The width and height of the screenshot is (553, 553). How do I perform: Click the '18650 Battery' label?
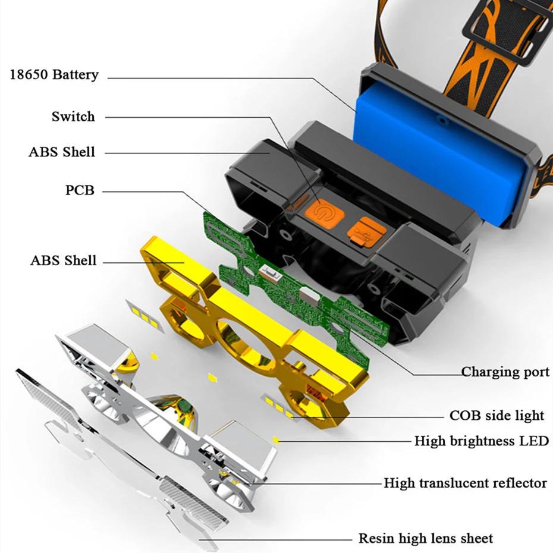pyautogui.click(x=54, y=75)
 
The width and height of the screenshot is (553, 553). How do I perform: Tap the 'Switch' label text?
pyautogui.click(x=73, y=117)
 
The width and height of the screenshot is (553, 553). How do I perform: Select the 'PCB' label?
pyautogui.click(x=80, y=190)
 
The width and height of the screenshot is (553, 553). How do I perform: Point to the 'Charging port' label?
pyautogui.click(x=505, y=372)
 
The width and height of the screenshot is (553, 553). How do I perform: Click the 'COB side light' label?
pyautogui.click(x=497, y=416)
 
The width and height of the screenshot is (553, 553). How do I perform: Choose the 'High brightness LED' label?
pyautogui.click(x=482, y=441)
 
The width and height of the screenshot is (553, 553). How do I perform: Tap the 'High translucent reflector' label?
pyautogui.click(x=465, y=483)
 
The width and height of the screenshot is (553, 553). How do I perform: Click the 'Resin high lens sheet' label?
pyautogui.click(x=426, y=539)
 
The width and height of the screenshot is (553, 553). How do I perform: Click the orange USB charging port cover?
pyautogui.click(x=367, y=232)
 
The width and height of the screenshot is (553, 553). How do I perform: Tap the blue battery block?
pyautogui.click(x=437, y=155)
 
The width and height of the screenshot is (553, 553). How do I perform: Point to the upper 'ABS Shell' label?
pyautogui.click(x=62, y=152)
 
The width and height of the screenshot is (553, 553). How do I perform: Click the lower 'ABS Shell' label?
pyautogui.click(x=64, y=260)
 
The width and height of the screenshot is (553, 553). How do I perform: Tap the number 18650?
pyautogui.click(x=29, y=75)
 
